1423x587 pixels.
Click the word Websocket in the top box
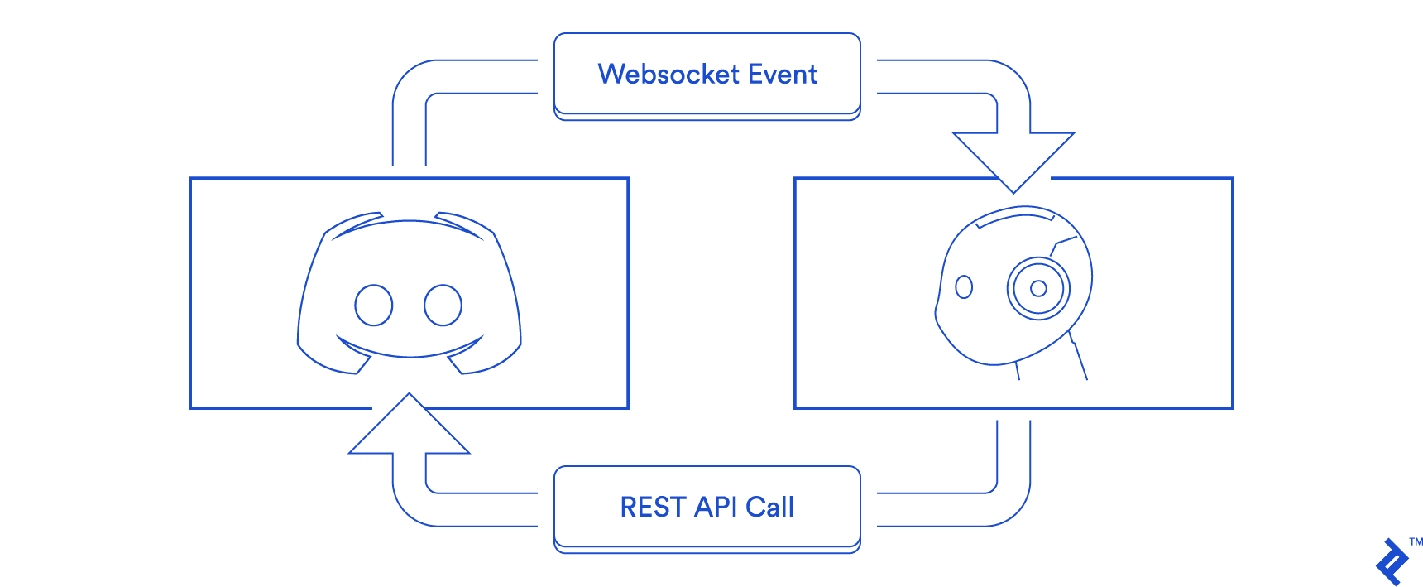point(668,75)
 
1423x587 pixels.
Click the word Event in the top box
point(782,75)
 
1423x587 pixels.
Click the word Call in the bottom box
point(769,507)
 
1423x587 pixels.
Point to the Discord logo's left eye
point(373,306)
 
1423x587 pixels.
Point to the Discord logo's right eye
point(443,306)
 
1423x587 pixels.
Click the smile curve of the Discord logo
point(410,351)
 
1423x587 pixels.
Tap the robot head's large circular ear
point(1038,288)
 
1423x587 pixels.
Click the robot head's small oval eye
point(964,287)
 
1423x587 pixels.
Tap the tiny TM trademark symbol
point(1416,542)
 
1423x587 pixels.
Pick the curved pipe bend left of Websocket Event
point(414,82)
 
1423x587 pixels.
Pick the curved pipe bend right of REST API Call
point(1009,504)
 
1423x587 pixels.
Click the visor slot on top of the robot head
point(1016,217)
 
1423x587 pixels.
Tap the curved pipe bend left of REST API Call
point(414,504)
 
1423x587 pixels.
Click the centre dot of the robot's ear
point(1038,288)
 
